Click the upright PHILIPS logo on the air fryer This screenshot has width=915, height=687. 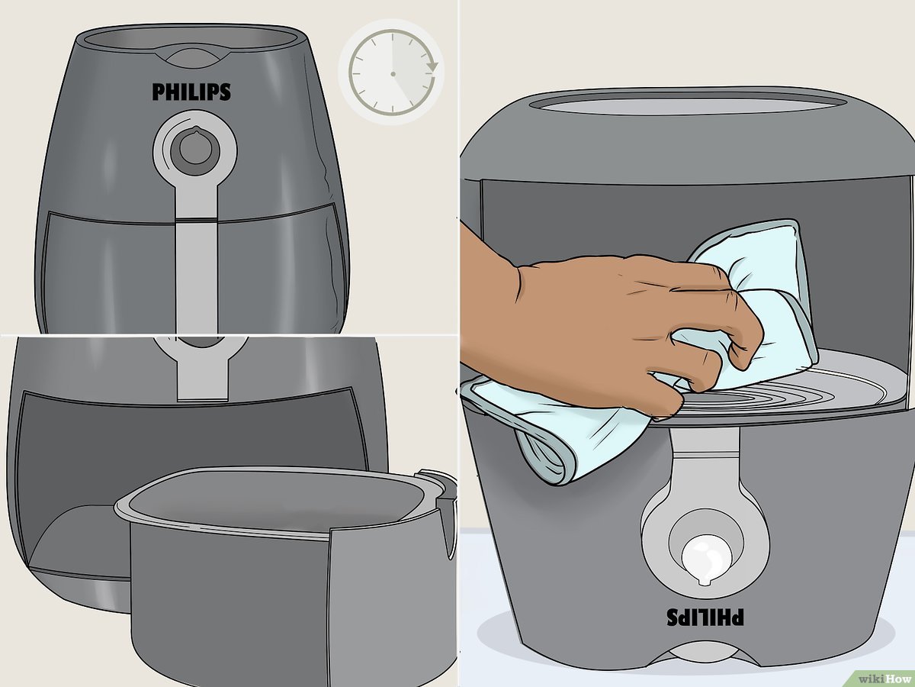[x=191, y=92]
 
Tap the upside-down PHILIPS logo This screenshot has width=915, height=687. [x=706, y=617]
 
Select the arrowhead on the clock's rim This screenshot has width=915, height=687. [x=432, y=67]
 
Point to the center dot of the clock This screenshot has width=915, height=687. [x=393, y=73]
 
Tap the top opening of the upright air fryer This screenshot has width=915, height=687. [x=191, y=38]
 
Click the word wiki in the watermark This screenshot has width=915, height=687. [x=871, y=677]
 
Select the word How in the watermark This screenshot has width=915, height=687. [x=897, y=677]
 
